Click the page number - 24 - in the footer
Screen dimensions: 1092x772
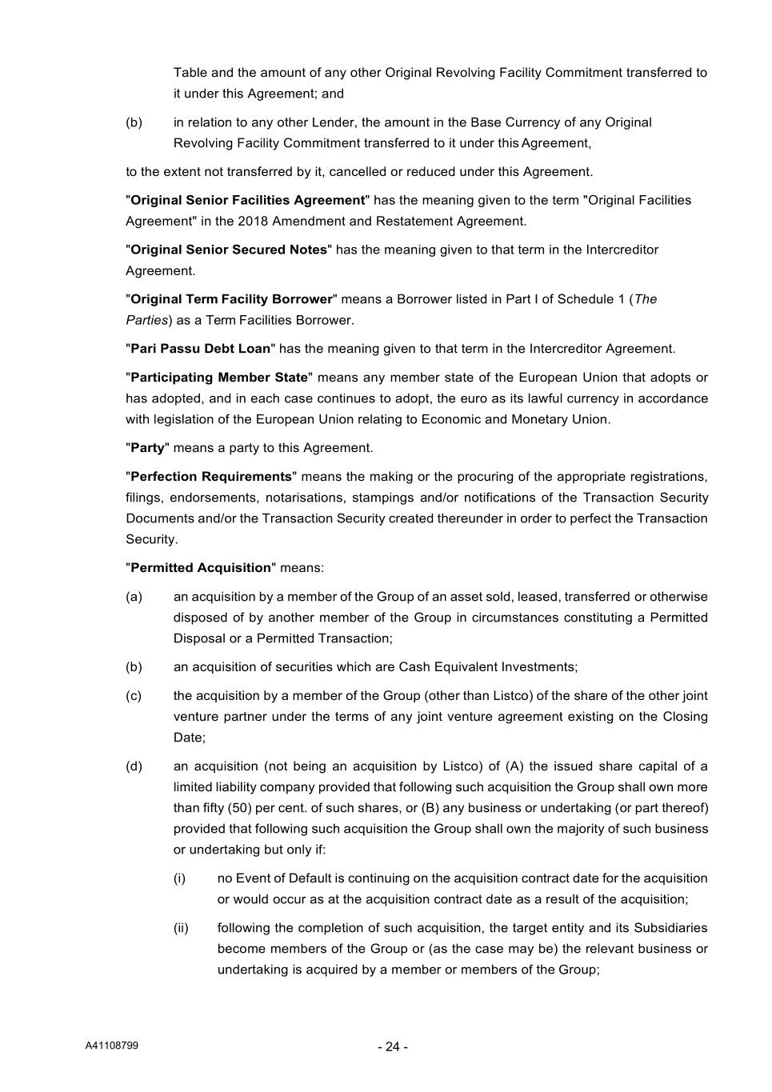point(393,1046)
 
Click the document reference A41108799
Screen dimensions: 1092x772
point(112,1046)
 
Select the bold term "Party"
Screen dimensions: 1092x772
point(147,448)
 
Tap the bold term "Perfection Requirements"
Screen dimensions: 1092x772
point(211,477)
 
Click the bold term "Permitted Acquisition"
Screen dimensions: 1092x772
point(201,568)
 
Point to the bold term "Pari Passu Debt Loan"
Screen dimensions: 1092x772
point(200,349)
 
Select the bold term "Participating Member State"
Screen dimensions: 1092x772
point(219,378)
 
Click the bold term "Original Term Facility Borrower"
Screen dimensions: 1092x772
point(231,299)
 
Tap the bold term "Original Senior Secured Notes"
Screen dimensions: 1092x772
point(229,250)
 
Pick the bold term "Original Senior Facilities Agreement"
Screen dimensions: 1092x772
point(247,200)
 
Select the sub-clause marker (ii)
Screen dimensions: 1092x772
point(181,928)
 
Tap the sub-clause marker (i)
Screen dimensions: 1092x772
point(179,878)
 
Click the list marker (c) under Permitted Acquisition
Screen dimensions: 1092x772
point(134,696)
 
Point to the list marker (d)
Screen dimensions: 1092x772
point(134,766)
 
